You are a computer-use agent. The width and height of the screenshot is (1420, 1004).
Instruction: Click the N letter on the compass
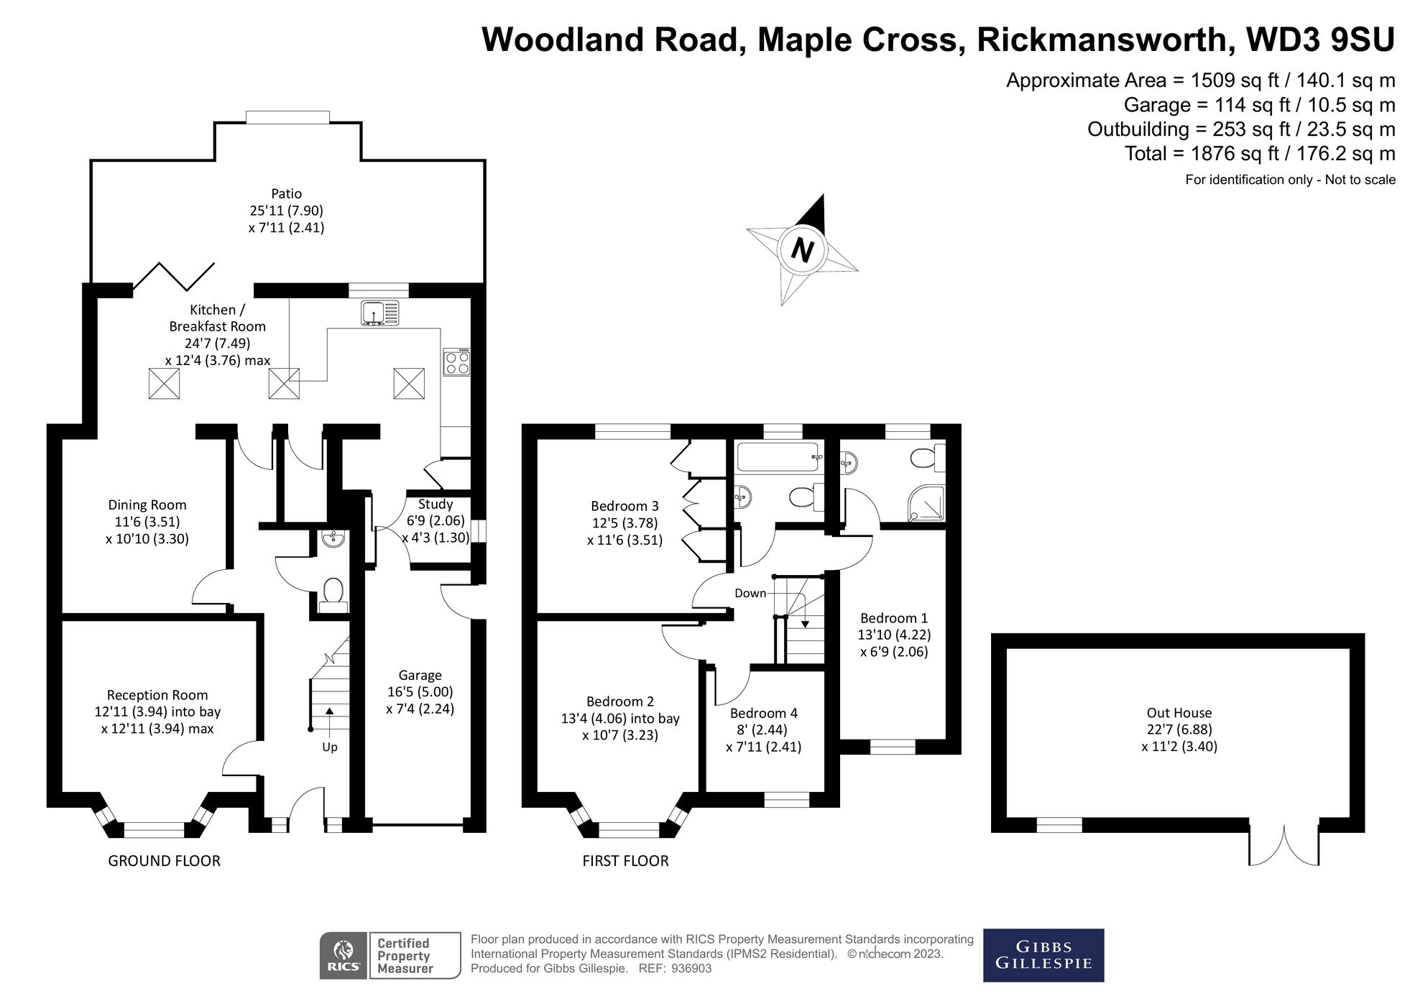tap(802, 250)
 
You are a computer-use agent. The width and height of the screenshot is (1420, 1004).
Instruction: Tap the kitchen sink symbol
tap(379, 313)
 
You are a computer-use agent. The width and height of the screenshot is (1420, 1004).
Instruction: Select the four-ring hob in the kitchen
tap(456, 361)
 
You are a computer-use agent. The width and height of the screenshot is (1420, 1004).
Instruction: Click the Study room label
tap(435, 505)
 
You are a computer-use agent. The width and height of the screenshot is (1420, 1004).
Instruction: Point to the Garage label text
tap(420, 676)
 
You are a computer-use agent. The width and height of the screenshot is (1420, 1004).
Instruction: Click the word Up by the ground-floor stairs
tap(329, 747)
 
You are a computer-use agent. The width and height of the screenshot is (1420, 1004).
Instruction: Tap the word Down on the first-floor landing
tap(750, 594)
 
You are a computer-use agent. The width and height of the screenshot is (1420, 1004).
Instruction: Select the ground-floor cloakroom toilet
tap(332, 594)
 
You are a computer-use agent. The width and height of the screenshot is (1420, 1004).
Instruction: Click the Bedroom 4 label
tap(763, 714)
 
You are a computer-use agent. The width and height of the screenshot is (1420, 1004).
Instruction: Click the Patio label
tap(286, 193)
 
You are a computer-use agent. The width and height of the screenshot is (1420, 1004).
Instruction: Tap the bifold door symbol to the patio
tap(184, 277)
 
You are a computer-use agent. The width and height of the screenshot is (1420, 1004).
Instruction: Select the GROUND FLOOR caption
tap(164, 861)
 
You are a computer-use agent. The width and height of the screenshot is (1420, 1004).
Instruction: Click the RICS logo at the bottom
tap(344, 956)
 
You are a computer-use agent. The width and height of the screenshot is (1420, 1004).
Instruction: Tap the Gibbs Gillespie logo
tap(1043, 955)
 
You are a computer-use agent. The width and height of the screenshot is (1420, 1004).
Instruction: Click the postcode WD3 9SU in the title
tap(1321, 40)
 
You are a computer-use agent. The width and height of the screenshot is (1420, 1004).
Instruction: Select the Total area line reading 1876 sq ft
tap(1260, 154)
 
